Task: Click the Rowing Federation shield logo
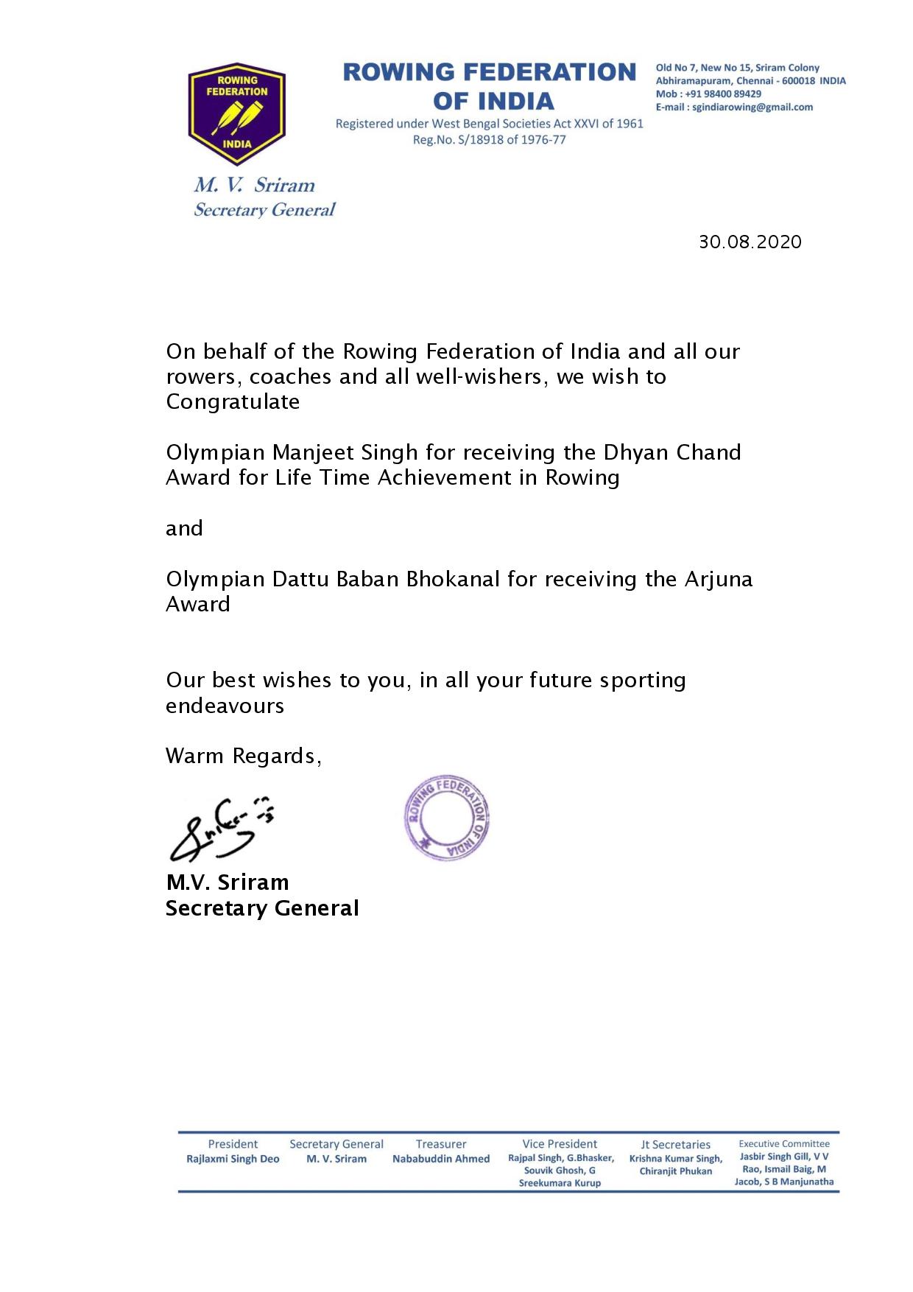coord(236,113)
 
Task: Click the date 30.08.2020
coord(750,242)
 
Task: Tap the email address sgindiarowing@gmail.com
coord(752,108)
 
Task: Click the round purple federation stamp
coord(447,817)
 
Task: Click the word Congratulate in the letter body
coord(233,402)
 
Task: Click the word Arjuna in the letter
coord(719,579)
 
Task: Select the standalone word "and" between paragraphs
coord(184,529)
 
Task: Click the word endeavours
coord(225,706)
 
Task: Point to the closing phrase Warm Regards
coord(242,756)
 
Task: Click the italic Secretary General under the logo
coord(264,211)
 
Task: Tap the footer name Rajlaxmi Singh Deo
coord(233,1159)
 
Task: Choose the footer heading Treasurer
coord(440,1144)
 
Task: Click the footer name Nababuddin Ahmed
coord(440,1159)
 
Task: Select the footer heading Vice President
coord(560,1144)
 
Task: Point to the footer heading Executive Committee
coord(784,1144)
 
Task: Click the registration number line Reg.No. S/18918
coord(489,140)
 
